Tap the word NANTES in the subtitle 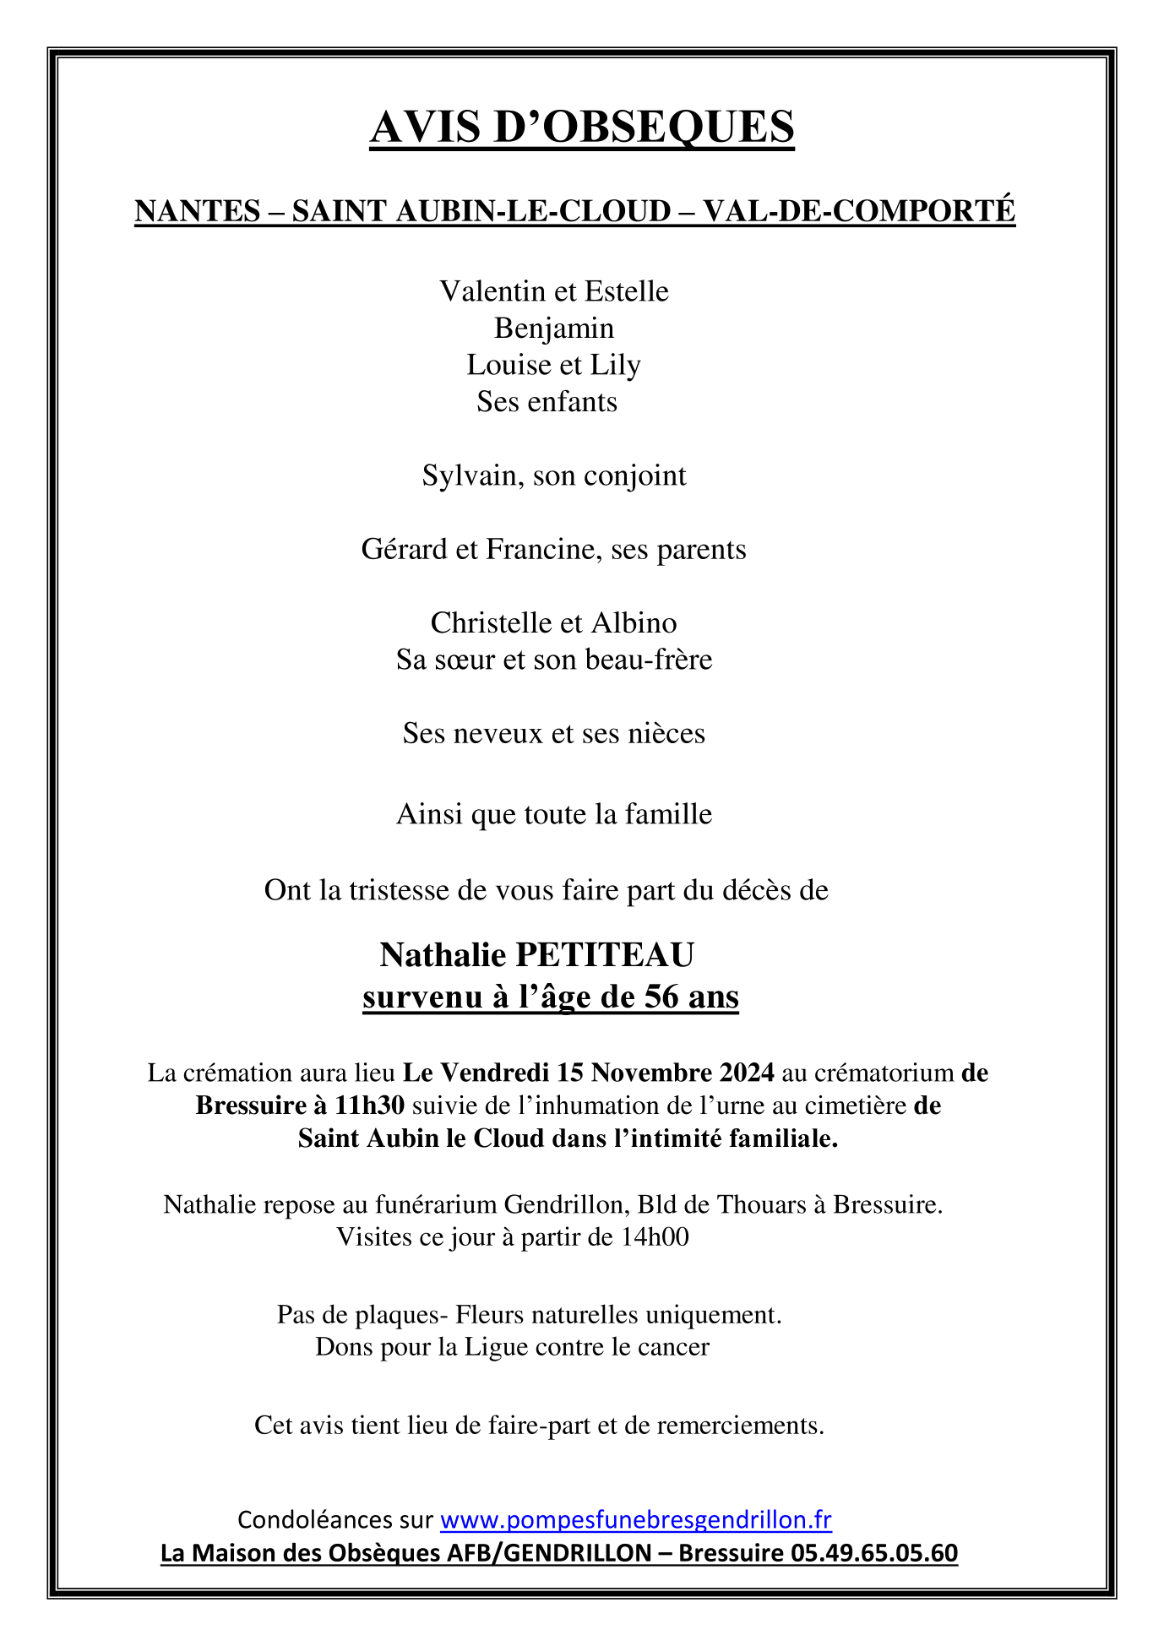[198, 211]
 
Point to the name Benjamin [554, 329]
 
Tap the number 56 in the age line [661, 997]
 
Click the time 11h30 [370, 1105]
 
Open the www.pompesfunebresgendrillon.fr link [636, 1519]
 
